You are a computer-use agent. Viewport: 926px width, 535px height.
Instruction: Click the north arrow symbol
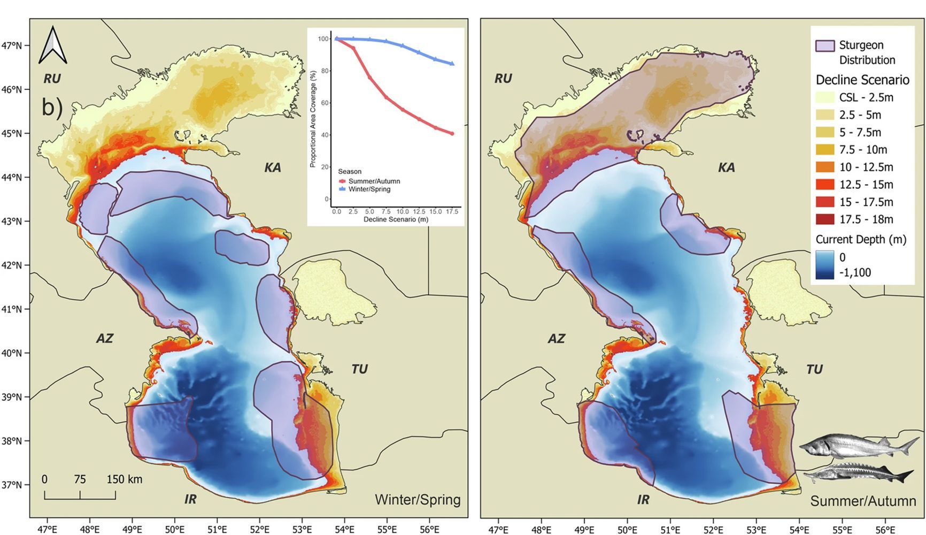[x=53, y=45]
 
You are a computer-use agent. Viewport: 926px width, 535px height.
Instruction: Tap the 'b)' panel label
[x=52, y=108]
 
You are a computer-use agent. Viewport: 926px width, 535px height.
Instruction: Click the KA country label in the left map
[x=273, y=168]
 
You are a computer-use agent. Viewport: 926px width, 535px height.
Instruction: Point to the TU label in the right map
[x=814, y=370]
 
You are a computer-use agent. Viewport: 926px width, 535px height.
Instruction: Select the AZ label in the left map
[x=104, y=339]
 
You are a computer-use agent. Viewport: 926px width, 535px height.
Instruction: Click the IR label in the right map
[x=643, y=500]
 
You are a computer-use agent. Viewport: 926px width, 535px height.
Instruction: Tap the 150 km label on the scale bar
[x=124, y=479]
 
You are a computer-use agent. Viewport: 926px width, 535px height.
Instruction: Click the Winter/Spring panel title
[x=418, y=500]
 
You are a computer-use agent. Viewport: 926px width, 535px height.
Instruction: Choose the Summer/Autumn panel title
[x=862, y=501]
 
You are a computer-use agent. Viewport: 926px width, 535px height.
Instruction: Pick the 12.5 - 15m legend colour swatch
[x=824, y=185]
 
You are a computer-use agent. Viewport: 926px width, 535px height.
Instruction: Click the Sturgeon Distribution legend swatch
[x=824, y=45]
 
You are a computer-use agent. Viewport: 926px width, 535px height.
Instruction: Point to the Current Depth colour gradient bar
[x=824, y=265]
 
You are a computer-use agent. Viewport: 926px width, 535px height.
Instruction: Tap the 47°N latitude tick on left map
[x=12, y=46]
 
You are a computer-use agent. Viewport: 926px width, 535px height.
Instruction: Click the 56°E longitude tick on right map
[x=885, y=530]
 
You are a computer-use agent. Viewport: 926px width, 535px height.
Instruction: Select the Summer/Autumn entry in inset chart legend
[x=374, y=181]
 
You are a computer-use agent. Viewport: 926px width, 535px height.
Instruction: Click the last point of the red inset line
[x=452, y=133]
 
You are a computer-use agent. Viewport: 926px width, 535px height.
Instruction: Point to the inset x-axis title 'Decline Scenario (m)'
[x=396, y=219]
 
